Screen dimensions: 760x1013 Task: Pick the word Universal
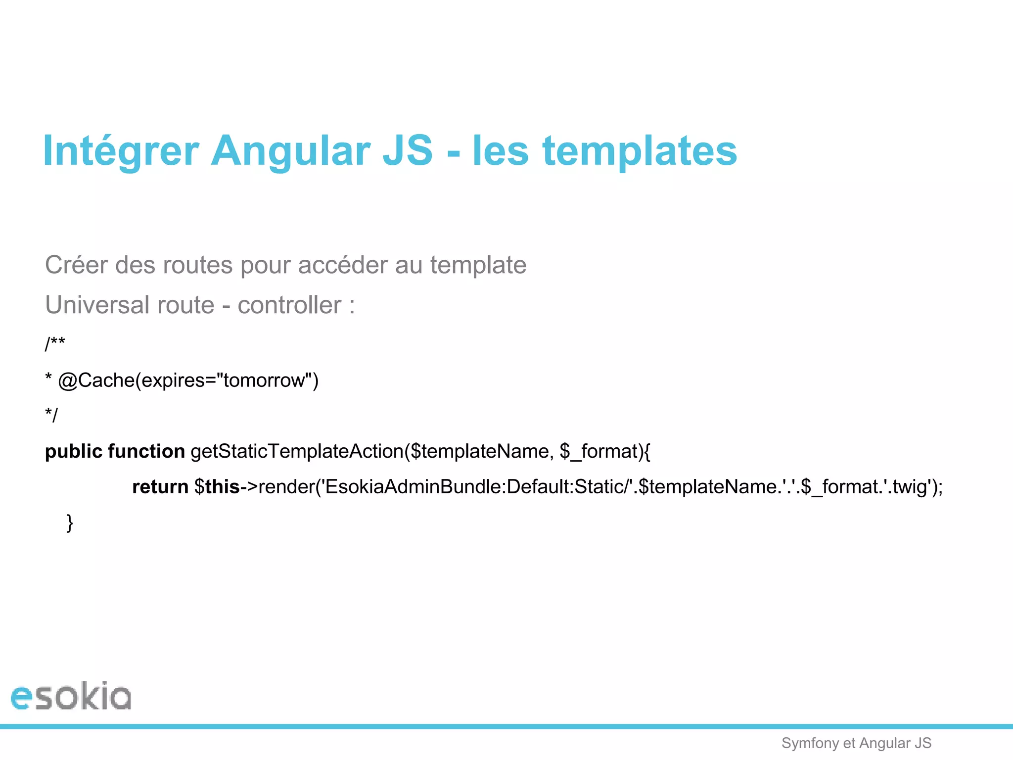[x=97, y=305]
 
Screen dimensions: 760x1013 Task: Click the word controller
[x=289, y=305]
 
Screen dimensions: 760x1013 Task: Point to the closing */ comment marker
[x=51, y=415]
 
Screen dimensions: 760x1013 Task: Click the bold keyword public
[x=73, y=451]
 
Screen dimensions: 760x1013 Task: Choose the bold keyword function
[x=146, y=451]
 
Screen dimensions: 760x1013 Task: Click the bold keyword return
[x=160, y=487]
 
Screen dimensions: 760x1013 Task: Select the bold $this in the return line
[x=217, y=487]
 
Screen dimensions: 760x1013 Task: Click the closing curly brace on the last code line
[x=70, y=523]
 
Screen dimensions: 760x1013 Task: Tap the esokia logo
[x=71, y=696]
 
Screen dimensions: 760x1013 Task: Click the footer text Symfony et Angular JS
[x=856, y=743]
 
